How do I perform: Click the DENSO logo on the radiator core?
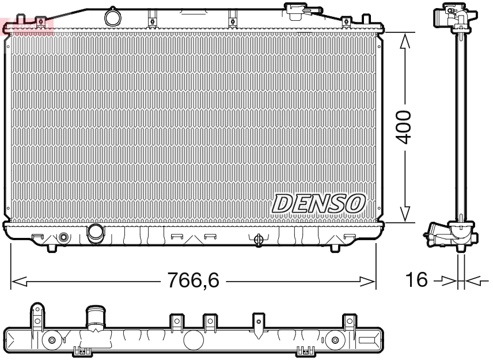click(x=318, y=203)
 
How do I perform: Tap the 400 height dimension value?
click(x=405, y=127)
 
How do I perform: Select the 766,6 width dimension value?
click(x=193, y=281)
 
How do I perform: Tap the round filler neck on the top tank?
click(x=113, y=17)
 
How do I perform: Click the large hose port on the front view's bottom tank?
click(x=94, y=233)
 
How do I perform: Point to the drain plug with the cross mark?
click(x=258, y=238)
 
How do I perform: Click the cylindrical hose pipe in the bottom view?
click(x=93, y=318)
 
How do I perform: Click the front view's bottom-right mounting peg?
click(x=335, y=247)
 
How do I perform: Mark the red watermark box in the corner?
click(x=26, y=26)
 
